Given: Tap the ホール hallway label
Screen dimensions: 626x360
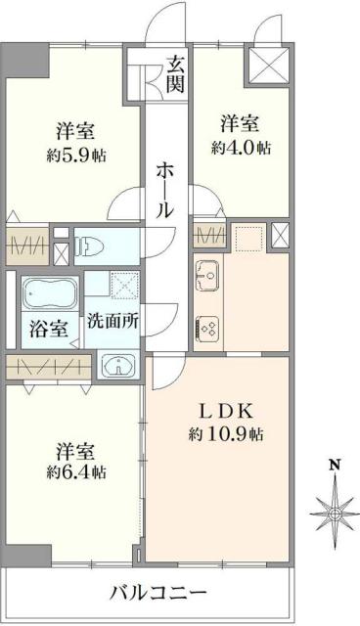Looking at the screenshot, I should point(164,190).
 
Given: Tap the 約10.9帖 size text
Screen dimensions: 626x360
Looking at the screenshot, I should point(227,433).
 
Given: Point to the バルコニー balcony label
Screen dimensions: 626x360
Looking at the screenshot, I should point(157,593).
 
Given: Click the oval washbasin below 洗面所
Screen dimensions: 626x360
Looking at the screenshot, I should point(117,366).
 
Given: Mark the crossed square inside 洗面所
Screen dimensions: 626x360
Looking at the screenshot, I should point(126,285).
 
